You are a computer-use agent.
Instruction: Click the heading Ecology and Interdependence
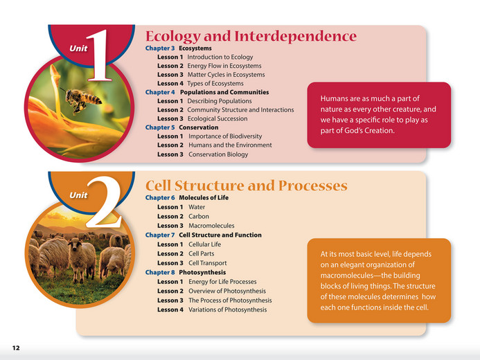(251, 37)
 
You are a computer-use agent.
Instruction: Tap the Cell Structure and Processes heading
(246, 186)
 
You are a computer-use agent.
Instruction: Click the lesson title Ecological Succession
(222, 119)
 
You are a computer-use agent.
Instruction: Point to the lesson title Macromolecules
(211, 226)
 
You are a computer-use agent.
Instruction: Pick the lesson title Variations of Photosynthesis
(227, 309)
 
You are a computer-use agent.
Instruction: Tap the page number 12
(15, 346)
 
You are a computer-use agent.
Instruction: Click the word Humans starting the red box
(335, 98)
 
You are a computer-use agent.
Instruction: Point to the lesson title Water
(197, 207)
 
